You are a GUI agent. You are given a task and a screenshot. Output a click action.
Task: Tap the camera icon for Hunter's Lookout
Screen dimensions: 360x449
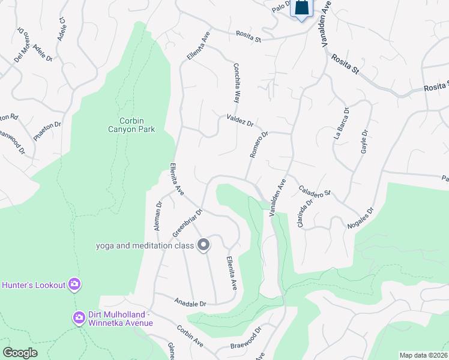click(x=74, y=284)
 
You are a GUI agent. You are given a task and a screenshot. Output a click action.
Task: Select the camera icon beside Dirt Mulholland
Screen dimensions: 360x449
click(x=79, y=317)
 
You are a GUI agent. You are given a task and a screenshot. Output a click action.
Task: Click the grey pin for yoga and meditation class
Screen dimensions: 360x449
click(x=203, y=245)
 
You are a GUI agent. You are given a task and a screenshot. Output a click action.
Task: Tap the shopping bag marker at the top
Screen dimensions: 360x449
click(x=301, y=9)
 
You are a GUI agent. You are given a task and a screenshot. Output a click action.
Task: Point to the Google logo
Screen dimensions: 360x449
click(x=20, y=353)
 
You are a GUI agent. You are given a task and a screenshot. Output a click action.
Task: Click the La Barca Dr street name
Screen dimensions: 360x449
click(x=341, y=124)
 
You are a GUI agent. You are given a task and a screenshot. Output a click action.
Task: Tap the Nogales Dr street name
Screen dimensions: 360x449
click(x=360, y=219)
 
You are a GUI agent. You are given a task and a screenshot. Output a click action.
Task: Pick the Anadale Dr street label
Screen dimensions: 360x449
click(x=190, y=303)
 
